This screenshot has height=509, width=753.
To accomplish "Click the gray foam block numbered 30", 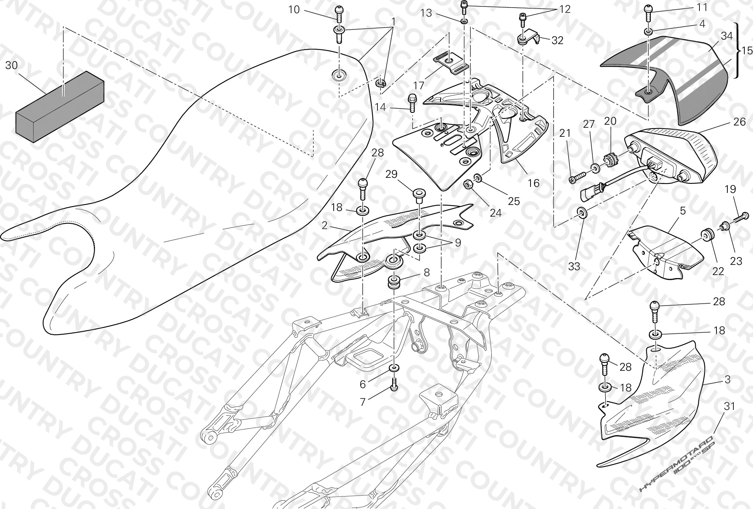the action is pyautogui.click(x=60, y=108).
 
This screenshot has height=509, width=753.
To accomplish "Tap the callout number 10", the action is pyautogui.click(x=294, y=10).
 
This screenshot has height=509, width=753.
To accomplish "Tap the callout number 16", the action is pyautogui.click(x=534, y=183).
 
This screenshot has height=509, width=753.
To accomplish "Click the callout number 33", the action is pyautogui.click(x=574, y=266).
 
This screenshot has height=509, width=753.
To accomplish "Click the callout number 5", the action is pyautogui.click(x=683, y=211).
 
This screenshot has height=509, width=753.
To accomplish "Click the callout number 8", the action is pyautogui.click(x=426, y=272).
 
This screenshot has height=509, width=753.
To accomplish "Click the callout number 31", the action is pyautogui.click(x=730, y=406).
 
